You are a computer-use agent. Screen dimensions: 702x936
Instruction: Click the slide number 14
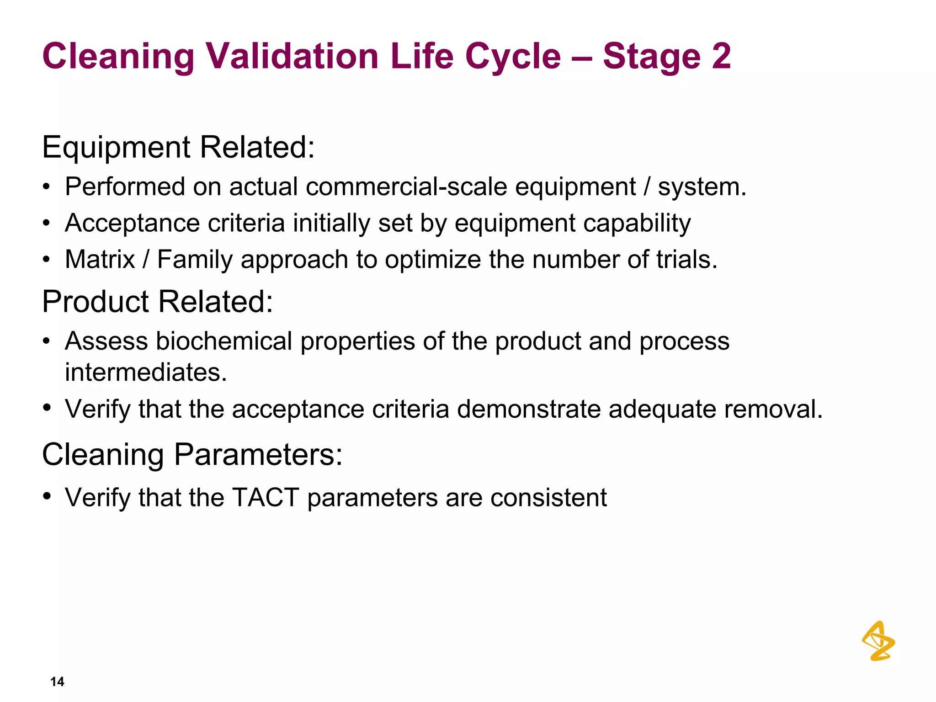click(57, 681)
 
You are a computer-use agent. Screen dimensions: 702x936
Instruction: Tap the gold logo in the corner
click(878, 641)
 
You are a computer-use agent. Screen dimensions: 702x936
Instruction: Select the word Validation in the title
click(292, 56)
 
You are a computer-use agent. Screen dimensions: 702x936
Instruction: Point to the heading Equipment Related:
click(178, 147)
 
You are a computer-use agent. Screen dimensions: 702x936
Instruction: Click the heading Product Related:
click(157, 302)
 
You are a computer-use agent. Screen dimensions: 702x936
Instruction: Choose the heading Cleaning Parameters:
click(192, 455)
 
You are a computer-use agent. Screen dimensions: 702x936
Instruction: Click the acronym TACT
click(266, 497)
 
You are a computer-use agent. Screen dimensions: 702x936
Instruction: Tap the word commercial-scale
click(406, 187)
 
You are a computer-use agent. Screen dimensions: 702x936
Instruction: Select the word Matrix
click(100, 260)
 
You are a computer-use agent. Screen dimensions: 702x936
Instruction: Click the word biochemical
click(224, 341)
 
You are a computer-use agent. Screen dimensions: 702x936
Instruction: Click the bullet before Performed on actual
click(46, 187)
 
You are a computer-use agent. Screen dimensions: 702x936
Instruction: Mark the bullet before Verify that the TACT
click(46, 496)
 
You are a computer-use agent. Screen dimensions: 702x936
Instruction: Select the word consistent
click(548, 497)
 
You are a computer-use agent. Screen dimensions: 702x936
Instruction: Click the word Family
click(195, 260)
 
